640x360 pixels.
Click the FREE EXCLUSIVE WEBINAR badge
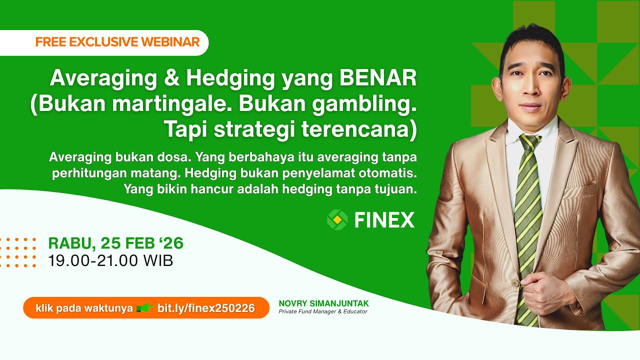[x=117, y=42]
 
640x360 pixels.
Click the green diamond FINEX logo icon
[x=337, y=220]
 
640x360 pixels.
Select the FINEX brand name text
[x=384, y=220]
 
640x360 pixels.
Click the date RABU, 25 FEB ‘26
[x=115, y=243]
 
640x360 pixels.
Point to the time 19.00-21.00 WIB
[x=110, y=260]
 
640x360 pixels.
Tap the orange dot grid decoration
[x=18, y=252]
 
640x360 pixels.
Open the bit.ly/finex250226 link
[x=206, y=308]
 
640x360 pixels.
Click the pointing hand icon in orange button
[x=145, y=308]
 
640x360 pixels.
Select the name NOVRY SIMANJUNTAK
[x=323, y=303]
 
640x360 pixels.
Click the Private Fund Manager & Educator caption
[x=323, y=311]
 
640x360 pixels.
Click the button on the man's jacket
[x=514, y=283]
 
